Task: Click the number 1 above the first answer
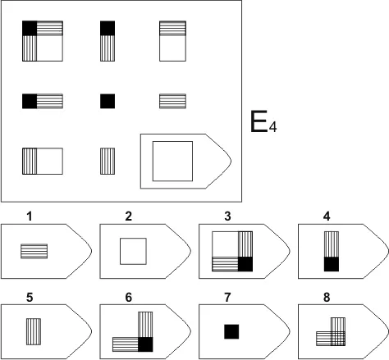pyautogui.click(x=30, y=216)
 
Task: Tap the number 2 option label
pyautogui.click(x=129, y=216)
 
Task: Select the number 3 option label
pyautogui.click(x=227, y=216)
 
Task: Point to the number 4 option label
pyautogui.click(x=327, y=216)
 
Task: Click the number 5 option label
pyautogui.click(x=30, y=297)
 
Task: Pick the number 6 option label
pyautogui.click(x=129, y=297)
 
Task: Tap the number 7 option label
pyautogui.click(x=227, y=297)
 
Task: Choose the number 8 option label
pyautogui.click(x=327, y=297)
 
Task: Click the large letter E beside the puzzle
pyautogui.click(x=259, y=121)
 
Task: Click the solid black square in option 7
pyautogui.click(x=231, y=331)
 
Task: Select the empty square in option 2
pyautogui.click(x=133, y=251)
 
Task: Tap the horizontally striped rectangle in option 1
pyautogui.click(x=34, y=251)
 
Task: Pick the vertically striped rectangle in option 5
pyautogui.click(x=34, y=331)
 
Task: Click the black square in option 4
pyautogui.click(x=332, y=264)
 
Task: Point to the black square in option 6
pyautogui.click(x=145, y=344)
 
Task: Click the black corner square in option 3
pyautogui.click(x=245, y=264)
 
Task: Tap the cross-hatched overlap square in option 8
pyautogui.click(x=338, y=339)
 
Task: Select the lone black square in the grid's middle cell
pyautogui.click(x=108, y=101)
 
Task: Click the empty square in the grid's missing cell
pyautogui.click(x=172, y=161)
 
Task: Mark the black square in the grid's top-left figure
pyautogui.click(x=30, y=28)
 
